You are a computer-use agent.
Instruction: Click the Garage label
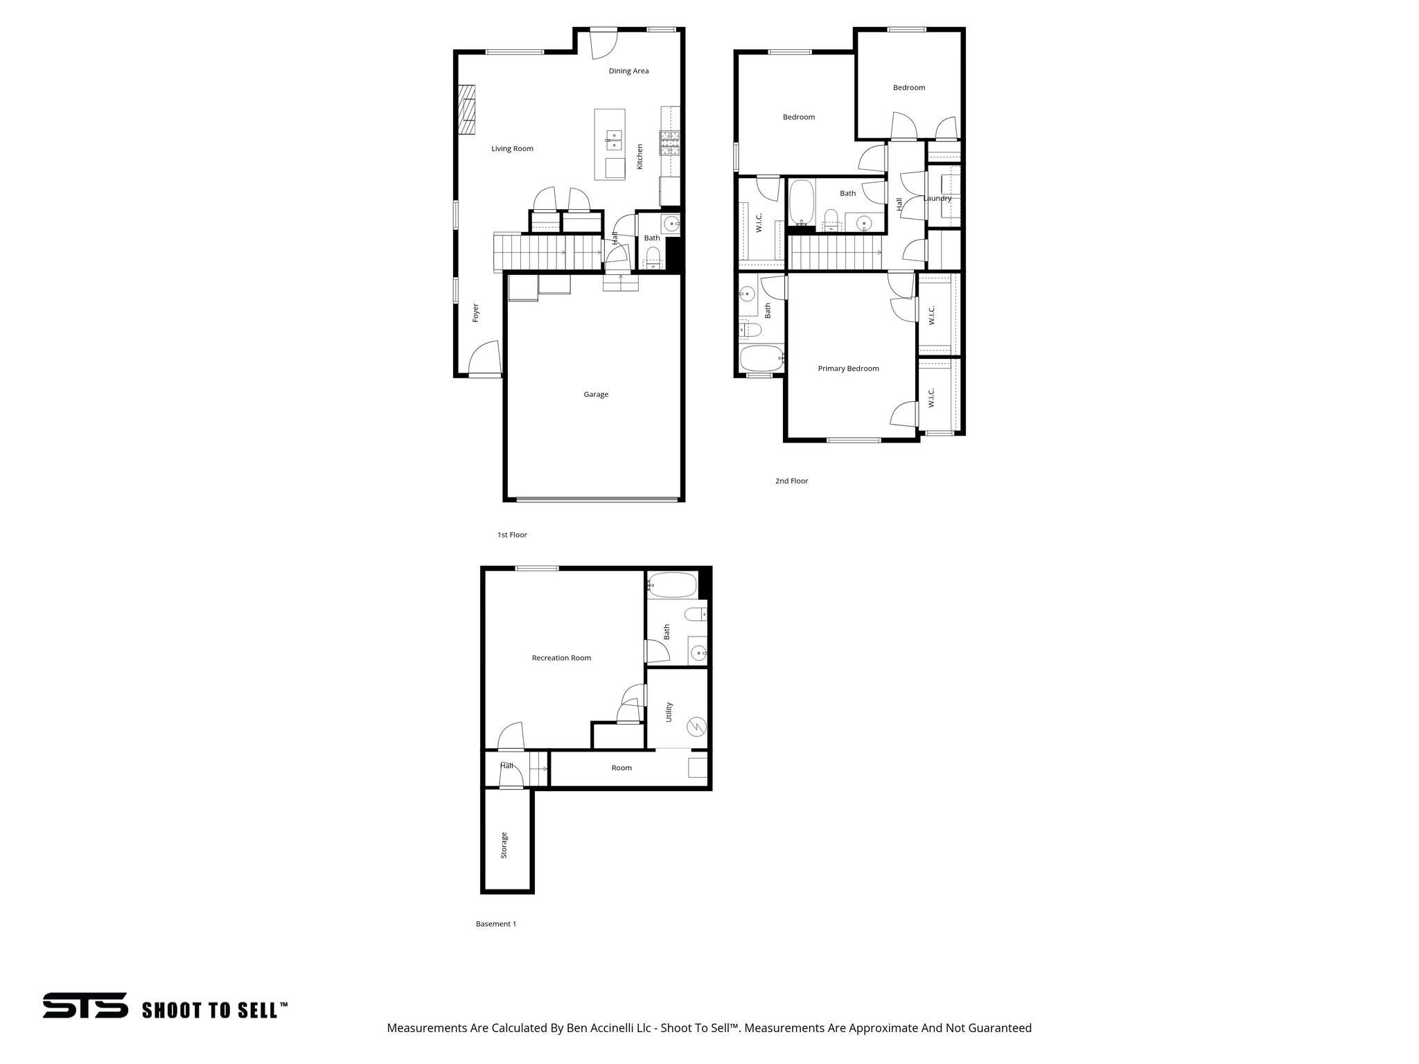pos(595,394)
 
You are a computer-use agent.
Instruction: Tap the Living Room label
pos(512,148)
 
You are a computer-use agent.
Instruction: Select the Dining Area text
pos(628,71)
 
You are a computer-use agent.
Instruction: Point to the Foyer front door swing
pos(485,358)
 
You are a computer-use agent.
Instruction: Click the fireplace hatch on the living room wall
pos(467,109)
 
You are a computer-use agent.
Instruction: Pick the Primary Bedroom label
pos(848,369)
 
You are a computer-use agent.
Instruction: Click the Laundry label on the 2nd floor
pos(937,198)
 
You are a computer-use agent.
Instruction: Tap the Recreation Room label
pos(561,658)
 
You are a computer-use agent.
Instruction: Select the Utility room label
pos(669,712)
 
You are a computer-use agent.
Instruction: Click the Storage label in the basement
pos(504,845)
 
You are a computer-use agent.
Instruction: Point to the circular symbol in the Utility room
pos(696,727)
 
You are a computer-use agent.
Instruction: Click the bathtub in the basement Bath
pos(671,585)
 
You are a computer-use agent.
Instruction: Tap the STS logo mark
pos(85,1005)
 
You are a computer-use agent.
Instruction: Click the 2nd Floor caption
pos(791,481)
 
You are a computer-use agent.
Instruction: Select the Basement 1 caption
pos(495,924)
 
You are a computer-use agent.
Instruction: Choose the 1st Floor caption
pos(512,535)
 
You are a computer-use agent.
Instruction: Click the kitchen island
pos(610,145)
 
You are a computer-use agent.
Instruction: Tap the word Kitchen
pos(640,157)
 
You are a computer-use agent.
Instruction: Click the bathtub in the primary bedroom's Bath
pos(761,359)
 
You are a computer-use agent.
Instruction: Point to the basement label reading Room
pos(622,768)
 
